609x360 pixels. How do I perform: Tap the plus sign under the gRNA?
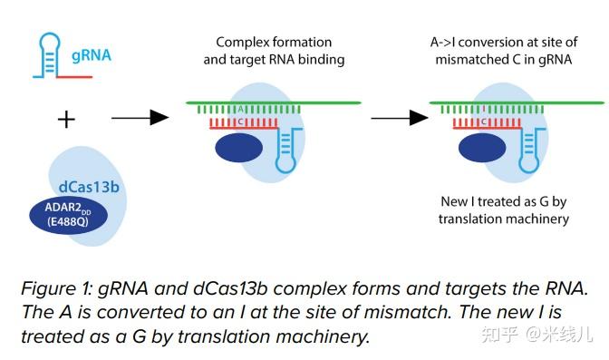(65, 119)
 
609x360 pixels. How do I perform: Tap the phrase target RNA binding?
(275, 60)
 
